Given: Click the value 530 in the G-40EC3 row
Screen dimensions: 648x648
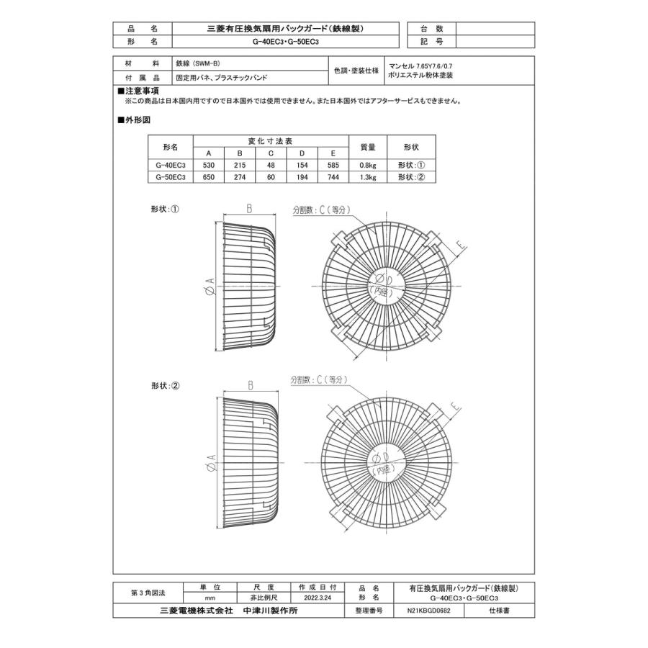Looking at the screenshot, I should [x=209, y=164].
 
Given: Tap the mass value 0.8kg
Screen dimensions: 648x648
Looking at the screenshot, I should [x=368, y=164].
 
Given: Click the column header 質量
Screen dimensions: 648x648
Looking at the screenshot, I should [x=368, y=147].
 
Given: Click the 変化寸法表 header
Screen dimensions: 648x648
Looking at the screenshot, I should [x=271, y=141].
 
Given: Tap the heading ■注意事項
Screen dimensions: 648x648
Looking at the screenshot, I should [x=138, y=92].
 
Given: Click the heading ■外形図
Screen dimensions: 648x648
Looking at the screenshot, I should [x=134, y=120].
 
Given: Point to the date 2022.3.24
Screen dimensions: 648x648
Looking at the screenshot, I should [x=318, y=598].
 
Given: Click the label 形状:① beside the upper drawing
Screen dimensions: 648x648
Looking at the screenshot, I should [x=165, y=210].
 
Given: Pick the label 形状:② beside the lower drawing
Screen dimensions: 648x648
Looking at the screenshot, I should [x=165, y=386].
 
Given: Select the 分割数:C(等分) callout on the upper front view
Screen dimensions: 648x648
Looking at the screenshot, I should [x=320, y=210].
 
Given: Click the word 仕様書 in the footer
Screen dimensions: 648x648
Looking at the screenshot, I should [x=500, y=611].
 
